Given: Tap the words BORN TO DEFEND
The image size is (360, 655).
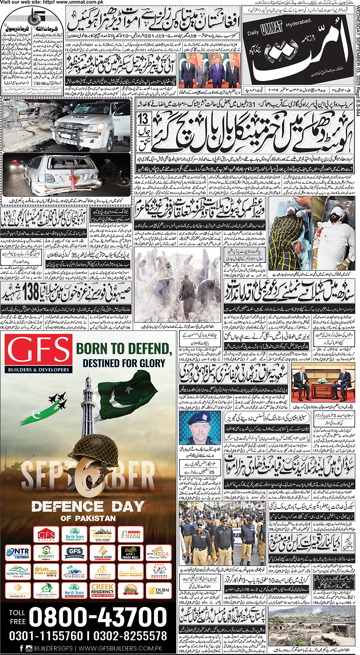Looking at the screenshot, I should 124,348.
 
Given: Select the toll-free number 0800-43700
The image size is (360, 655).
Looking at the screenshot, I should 98,617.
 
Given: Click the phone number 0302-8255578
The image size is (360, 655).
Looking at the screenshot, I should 130,636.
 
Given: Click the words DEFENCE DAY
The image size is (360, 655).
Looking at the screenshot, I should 88,507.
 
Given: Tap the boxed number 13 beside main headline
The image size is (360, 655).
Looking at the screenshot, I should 144,119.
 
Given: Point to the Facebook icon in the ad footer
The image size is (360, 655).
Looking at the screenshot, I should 21,648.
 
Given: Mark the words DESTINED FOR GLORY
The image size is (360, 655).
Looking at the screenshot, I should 124,363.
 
